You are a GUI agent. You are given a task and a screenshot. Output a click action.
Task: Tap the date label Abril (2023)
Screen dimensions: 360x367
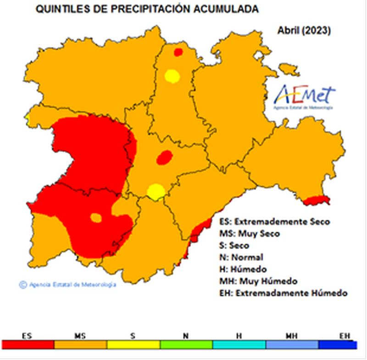[x=304, y=31]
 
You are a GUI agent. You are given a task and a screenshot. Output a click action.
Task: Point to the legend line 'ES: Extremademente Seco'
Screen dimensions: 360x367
[x=274, y=222]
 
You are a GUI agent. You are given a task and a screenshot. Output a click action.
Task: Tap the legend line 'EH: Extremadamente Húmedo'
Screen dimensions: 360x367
[x=283, y=293]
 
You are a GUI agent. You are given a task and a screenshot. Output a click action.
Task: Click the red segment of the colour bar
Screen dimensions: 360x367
[x=28, y=344]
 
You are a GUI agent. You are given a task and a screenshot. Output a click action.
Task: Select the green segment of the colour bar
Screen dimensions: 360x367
[x=186, y=344]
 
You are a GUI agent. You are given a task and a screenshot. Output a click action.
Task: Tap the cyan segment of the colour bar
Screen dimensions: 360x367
[x=239, y=344]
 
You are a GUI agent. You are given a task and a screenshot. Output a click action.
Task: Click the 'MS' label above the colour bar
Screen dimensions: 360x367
[x=80, y=336]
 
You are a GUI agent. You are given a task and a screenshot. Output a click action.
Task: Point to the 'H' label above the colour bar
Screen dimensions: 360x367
[x=239, y=336]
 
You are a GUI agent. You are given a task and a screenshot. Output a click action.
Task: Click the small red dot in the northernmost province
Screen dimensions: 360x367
[x=178, y=52]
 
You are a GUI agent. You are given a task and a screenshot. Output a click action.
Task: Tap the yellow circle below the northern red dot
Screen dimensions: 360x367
[x=172, y=76]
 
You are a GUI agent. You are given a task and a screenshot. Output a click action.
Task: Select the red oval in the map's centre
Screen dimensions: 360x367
[x=164, y=157]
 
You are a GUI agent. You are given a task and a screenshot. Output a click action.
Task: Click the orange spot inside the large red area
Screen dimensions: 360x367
[x=96, y=217]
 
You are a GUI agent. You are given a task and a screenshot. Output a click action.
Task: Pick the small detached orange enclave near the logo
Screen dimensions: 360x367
[x=289, y=69]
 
